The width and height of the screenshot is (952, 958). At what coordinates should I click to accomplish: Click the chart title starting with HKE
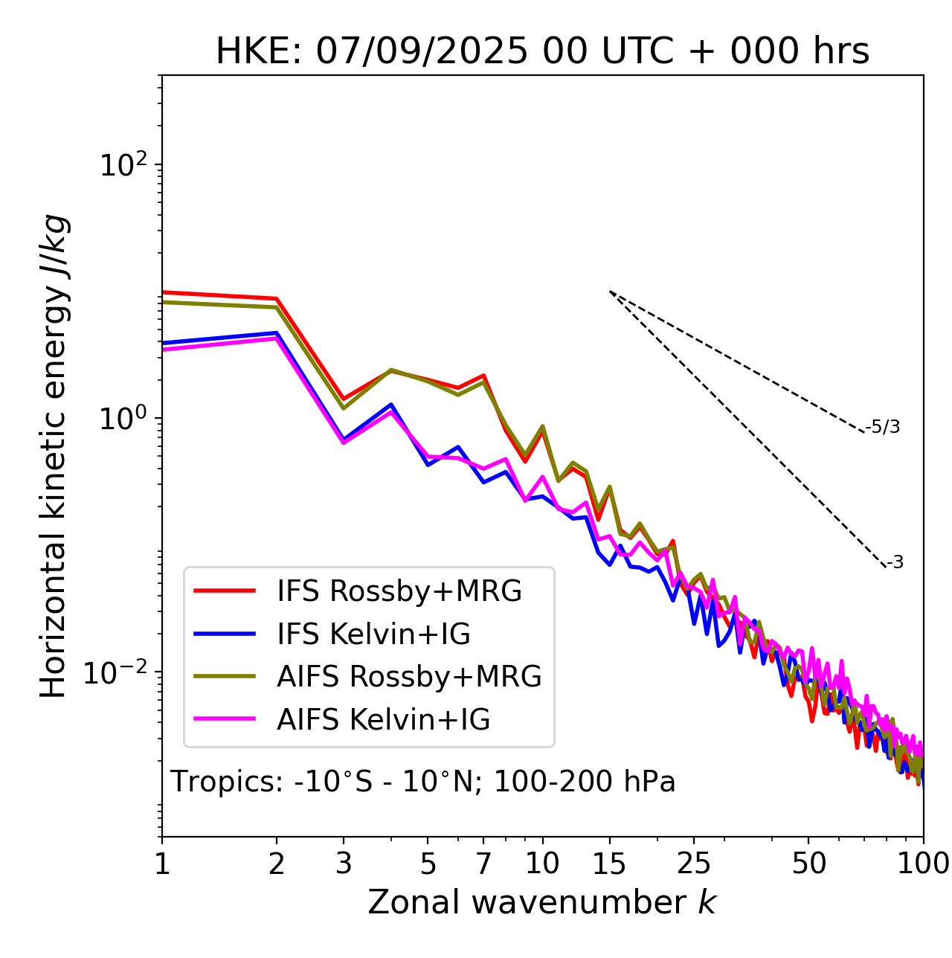click(x=542, y=52)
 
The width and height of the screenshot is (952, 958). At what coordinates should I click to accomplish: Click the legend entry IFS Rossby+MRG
click(x=399, y=591)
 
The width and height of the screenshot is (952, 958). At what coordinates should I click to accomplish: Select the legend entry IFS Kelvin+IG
click(x=373, y=634)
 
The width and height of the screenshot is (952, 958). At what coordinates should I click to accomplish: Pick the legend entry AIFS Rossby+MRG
click(x=409, y=677)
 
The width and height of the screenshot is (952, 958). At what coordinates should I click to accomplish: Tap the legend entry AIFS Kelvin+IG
click(x=383, y=720)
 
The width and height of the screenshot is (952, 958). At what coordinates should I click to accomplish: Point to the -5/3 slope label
click(x=883, y=427)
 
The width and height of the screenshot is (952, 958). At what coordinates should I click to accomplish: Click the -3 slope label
click(x=895, y=563)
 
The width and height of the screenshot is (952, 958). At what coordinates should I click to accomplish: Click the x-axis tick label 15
click(x=609, y=864)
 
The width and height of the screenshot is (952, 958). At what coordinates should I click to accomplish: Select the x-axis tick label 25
click(x=694, y=864)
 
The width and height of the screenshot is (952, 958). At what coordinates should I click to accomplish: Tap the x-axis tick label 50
click(x=808, y=864)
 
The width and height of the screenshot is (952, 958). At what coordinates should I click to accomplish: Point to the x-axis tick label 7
click(x=483, y=864)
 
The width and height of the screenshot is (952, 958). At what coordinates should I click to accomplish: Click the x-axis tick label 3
click(x=344, y=864)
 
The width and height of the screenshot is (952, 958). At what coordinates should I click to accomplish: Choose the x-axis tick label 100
click(x=923, y=864)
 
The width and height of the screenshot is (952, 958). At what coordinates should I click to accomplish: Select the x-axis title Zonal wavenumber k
click(x=541, y=902)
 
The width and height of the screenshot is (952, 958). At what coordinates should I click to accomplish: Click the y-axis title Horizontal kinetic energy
click(x=54, y=457)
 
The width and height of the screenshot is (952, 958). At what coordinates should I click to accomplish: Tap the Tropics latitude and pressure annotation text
click(x=423, y=782)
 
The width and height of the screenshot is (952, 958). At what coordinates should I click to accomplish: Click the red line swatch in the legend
click(x=225, y=591)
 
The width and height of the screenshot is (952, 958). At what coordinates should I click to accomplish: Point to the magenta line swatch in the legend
click(x=225, y=720)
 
